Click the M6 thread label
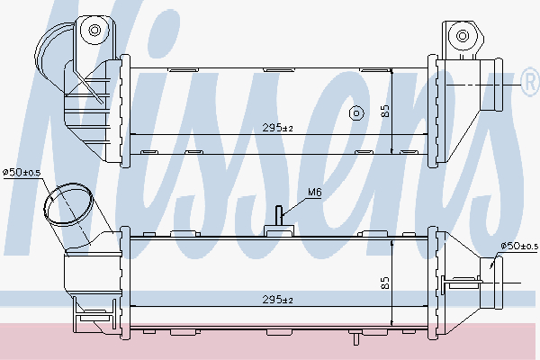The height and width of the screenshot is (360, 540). [x=315, y=192]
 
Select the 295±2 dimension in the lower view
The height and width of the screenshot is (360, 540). [x=278, y=299]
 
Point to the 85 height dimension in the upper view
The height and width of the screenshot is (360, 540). [x=386, y=112]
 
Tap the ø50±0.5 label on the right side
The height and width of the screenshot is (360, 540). [x=517, y=246]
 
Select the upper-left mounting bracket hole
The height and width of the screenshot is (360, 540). [x=93, y=31]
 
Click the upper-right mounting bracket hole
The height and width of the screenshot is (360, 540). [x=463, y=37]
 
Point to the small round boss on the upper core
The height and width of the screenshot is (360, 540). [x=356, y=113]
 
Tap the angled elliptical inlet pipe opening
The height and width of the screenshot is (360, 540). [x=68, y=206]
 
